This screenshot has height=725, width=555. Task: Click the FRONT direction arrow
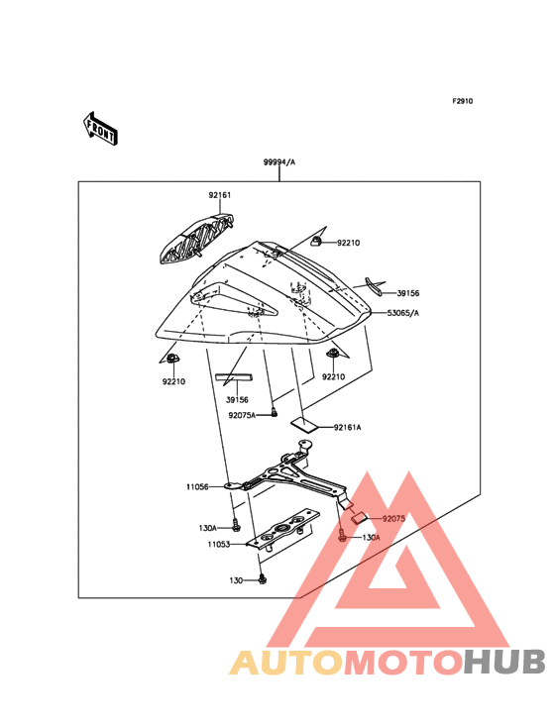point(100,128)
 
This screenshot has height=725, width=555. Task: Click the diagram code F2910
point(463,101)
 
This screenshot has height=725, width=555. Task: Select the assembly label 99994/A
point(279,161)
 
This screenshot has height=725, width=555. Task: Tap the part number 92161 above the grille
point(220,195)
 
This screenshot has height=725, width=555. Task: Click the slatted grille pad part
point(195,239)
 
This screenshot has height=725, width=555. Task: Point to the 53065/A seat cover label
point(402,313)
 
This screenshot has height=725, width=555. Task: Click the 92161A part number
point(347,427)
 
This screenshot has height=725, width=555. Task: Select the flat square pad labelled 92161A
point(304,424)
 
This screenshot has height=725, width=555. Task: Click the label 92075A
point(242,415)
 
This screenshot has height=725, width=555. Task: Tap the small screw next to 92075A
point(274,411)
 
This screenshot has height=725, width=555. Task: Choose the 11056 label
point(197,487)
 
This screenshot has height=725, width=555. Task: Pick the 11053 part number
point(219,544)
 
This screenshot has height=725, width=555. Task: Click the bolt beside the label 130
point(263,578)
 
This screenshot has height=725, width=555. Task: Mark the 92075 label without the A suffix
point(393,519)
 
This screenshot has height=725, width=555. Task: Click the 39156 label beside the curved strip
point(408,293)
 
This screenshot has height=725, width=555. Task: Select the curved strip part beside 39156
point(374,286)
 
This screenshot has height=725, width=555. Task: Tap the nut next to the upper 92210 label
point(316,241)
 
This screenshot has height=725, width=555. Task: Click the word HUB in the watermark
point(505,662)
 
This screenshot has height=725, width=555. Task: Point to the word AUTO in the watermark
point(286,662)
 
